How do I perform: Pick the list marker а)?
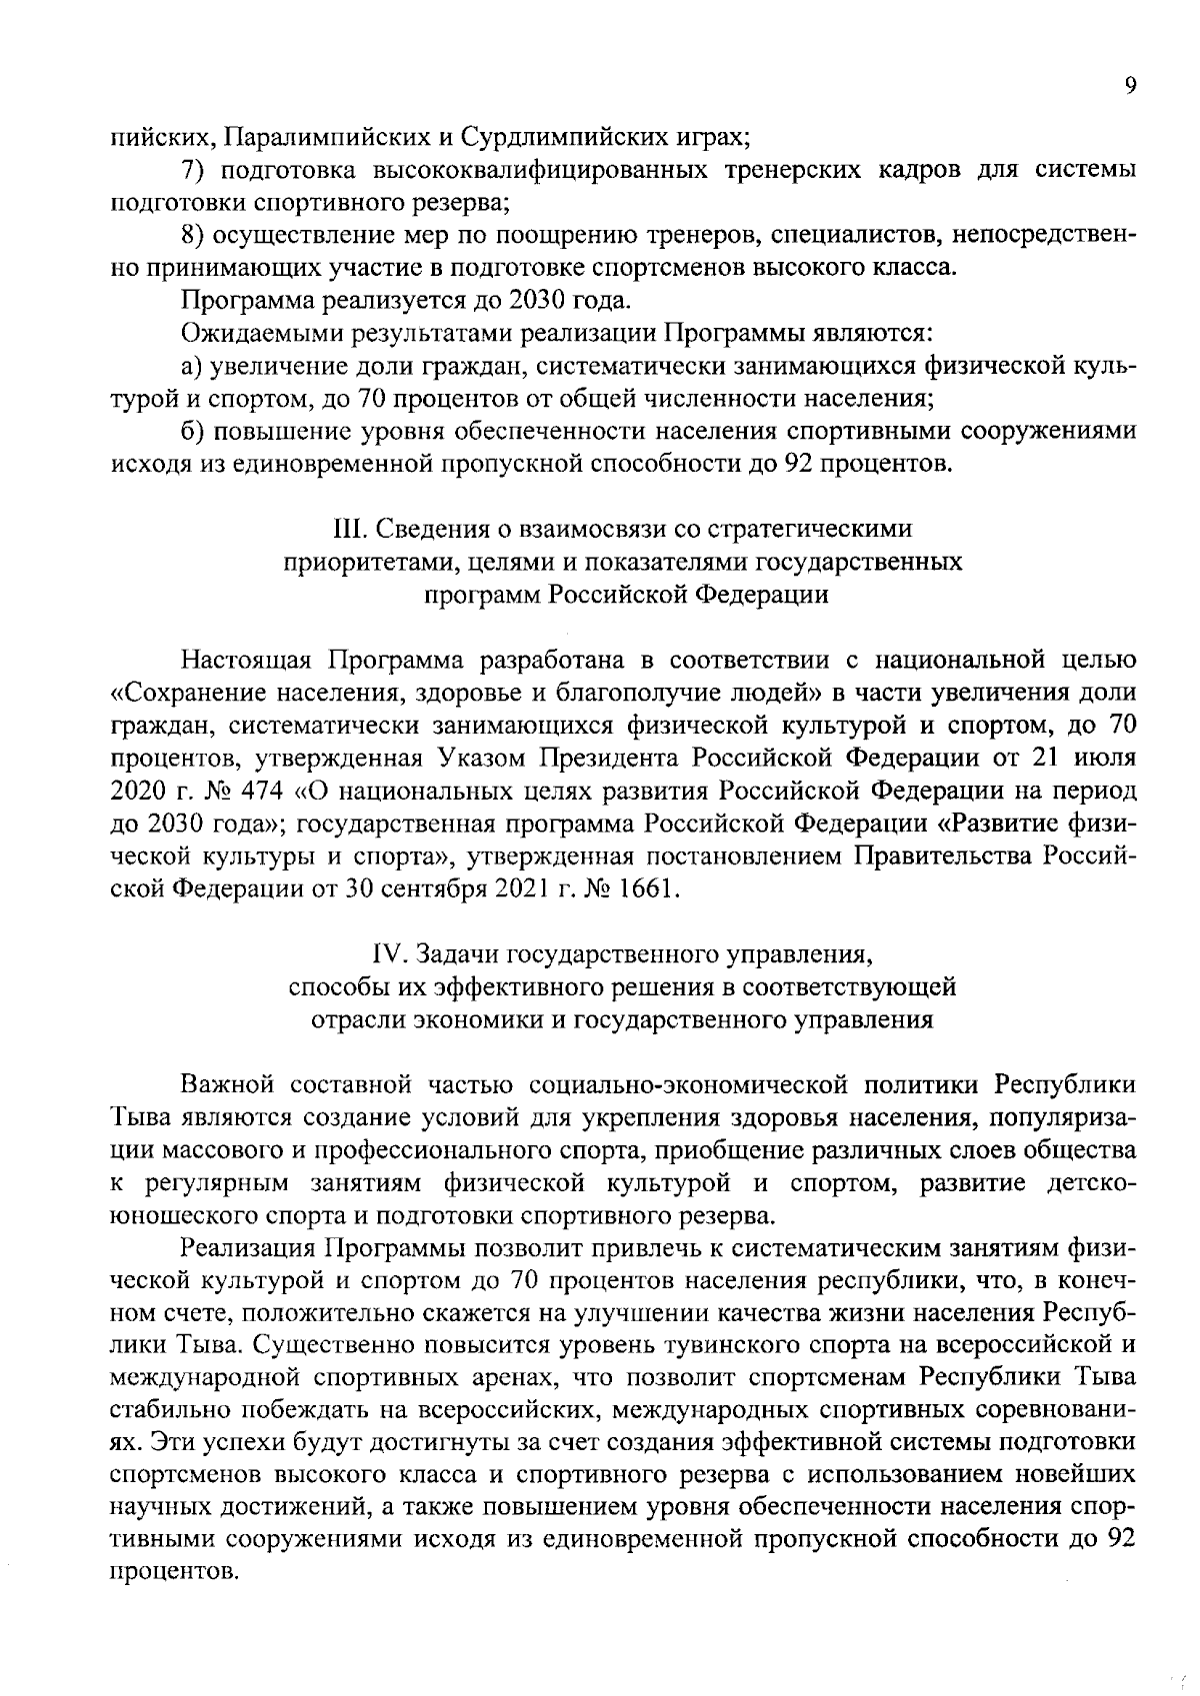[192, 367]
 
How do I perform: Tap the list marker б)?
[193, 433]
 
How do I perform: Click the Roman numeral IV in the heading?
[384, 955]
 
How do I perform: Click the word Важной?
[227, 1085]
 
